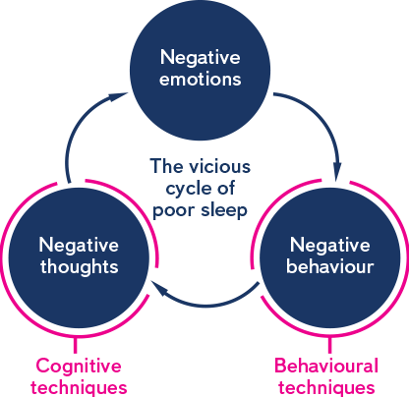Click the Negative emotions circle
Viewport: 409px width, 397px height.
(200, 70)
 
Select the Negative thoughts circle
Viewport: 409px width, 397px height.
(79, 257)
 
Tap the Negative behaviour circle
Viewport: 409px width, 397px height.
(330, 257)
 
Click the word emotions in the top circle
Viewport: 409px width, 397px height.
(201, 80)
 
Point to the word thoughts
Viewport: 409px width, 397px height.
(80, 267)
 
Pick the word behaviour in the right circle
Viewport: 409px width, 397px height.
(330, 266)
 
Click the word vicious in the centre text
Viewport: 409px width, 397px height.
(220, 166)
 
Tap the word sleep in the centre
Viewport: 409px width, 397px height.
(224, 210)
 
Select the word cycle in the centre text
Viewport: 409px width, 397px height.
(184, 189)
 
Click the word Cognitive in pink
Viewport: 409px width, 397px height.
(79, 366)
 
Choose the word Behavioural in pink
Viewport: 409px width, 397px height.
(326, 366)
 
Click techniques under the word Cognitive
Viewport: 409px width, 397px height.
(79, 388)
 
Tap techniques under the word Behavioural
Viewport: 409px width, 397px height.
(326, 388)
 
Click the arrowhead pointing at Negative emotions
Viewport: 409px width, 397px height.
(118, 96)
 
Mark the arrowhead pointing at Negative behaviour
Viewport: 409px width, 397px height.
(337, 171)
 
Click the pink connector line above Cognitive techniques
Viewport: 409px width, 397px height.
(76, 345)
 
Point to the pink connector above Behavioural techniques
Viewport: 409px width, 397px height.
(329, 345)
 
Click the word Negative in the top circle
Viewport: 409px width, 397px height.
(201, 58)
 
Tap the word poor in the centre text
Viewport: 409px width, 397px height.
(173, 211)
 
